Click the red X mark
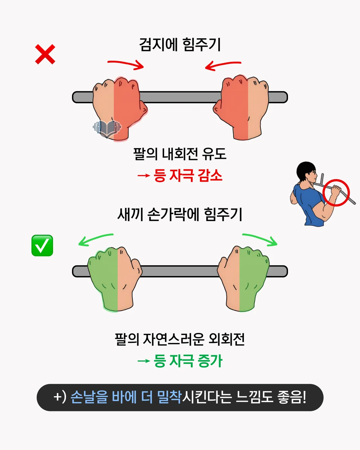[45, 54]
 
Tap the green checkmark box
[42, 246]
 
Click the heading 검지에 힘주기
[180, 44]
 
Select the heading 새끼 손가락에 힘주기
[180, 214]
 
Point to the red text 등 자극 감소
[188, 175]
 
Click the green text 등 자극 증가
[188, 361]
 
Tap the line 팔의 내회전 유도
[180, 154]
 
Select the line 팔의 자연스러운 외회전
[180, 339]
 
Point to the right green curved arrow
[260, 239]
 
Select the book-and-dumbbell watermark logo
[107, 128]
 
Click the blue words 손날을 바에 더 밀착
[126, 397]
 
